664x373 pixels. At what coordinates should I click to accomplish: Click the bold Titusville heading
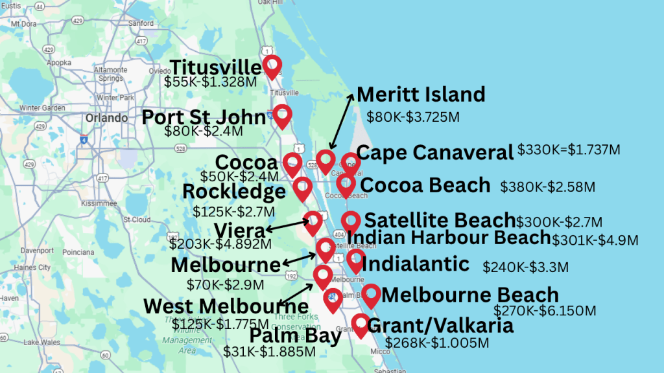point(215,67)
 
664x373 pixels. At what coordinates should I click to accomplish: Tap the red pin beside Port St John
point(281,115)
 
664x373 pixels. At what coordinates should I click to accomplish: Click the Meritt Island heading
point(421,95)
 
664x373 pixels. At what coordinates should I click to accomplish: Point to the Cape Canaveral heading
point(435,153)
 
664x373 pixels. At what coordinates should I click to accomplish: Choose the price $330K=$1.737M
point(569,150)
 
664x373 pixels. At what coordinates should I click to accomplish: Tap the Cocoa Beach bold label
point(425,185)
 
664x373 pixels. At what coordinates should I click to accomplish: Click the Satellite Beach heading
point(440,220)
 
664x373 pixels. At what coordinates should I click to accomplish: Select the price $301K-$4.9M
point(595,240)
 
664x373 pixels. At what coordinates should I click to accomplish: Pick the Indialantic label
point(416,264)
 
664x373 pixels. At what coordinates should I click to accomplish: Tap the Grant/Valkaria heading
point(440,325)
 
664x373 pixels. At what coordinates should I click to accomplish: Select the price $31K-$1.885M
point(270,352)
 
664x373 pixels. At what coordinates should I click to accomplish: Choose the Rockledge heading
point(234,192)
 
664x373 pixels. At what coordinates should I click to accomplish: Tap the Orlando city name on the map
point(106,119)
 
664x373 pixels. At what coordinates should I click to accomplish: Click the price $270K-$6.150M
point(545,311)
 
